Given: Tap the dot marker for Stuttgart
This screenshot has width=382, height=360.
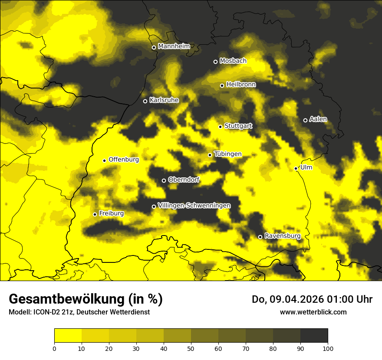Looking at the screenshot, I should point(220,127).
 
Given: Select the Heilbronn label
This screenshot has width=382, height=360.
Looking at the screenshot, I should point(241,84).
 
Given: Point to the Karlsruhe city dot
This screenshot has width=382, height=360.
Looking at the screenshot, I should point(145,101).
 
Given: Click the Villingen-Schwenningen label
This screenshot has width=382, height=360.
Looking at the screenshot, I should point(194,205).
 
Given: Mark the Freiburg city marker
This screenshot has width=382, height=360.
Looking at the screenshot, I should point(95,214).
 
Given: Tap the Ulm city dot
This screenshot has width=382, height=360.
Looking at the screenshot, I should point(296,168).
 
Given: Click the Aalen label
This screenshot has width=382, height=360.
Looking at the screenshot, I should point(318,119).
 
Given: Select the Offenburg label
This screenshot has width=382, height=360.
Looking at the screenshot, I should point(124,159).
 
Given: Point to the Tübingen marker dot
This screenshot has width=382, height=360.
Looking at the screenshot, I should point(210,155).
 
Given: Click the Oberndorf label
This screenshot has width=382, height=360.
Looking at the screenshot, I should point(184,180).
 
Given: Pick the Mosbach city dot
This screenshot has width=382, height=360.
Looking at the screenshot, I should point(215,62).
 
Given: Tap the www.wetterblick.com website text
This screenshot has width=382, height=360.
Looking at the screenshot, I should point(313,312).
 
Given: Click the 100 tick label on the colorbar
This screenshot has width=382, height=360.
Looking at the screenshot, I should point(328,348).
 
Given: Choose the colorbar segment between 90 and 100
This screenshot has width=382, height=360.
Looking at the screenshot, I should point(314,336).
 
